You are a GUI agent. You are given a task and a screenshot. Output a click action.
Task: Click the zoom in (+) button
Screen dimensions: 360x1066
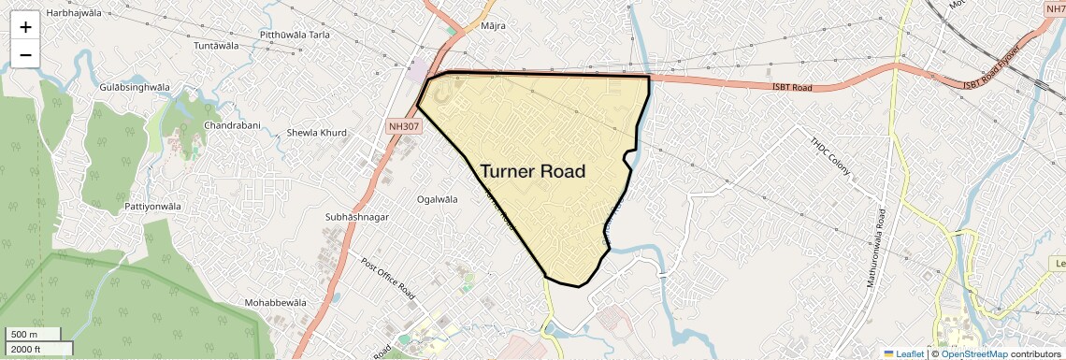(x=25, y=27)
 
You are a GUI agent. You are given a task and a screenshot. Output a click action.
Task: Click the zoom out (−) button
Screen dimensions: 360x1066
(x=25, y=54)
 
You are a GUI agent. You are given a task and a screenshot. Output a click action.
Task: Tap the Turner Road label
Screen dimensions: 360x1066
(x=533, y=171)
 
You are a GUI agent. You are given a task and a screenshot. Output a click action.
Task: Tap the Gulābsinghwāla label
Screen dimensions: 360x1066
(x=135, y=87)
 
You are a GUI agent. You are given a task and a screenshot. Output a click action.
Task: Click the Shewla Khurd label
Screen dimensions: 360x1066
(x=316, y=133)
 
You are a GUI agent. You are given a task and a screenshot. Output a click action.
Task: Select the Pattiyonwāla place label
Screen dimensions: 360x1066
(x=153, y=206)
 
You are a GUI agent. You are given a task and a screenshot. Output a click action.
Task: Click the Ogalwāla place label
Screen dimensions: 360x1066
(x=438, y=199)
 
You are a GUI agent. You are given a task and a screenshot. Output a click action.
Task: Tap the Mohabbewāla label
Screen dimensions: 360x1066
(x=276, y=303)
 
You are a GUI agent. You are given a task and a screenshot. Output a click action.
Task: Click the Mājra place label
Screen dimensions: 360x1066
(x=492, y=25)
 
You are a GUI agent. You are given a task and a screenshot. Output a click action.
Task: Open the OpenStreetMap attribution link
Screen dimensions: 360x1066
(x=973, y=353)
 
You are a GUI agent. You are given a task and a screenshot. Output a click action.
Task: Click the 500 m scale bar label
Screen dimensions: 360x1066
(x=25, y=334)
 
